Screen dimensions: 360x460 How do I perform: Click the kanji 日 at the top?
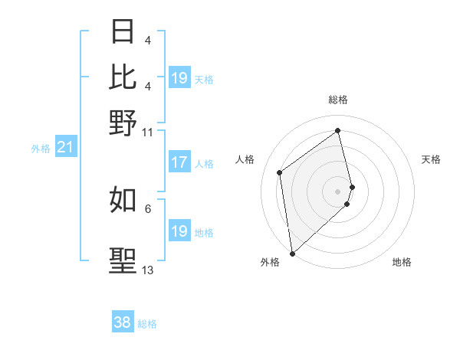123,31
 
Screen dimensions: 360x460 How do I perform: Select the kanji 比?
123,76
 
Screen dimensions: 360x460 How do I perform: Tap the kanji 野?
123,122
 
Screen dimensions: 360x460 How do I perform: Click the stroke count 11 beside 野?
147,132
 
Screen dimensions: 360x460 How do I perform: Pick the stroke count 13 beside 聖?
147,270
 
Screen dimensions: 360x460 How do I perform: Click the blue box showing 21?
65,148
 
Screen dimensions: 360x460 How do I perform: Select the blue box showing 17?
179,162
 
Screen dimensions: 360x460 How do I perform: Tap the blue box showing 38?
123,322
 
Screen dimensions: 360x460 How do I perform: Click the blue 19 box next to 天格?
179,78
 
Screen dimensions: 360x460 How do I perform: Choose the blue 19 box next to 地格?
179,231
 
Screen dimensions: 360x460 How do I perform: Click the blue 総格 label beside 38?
147,324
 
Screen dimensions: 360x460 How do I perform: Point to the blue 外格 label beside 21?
41,149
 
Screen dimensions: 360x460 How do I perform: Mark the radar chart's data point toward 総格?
338,130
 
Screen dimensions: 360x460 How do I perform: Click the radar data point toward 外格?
292,254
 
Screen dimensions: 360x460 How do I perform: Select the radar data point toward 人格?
280,172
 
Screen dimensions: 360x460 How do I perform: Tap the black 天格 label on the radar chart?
431,159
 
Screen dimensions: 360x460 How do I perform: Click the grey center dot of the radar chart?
338,191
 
